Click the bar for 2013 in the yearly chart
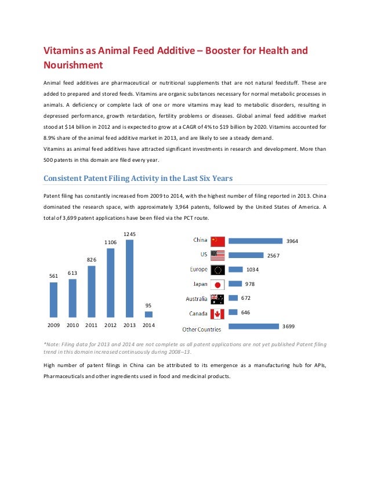pyautogui.click(x=129, y=279)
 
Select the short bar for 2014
pyautogui.click(x=148, y=314)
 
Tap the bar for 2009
pyautogui.click(x=53, y=300)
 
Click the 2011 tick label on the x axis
pyautogui.click(x=92, y=326)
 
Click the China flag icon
pyautogui.click(x=217, y=241)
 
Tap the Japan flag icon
pyautogui.click(x=217, y=285)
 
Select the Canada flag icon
pyautogui.click(x=217, y=314)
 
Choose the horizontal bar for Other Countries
pyautogui.click(x=253, y=327)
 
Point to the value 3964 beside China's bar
pyautogui.click(x=293, y=241)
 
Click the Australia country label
pyautogui.click(x=195, y=299)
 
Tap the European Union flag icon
pyautogui.click(x=217, y=270)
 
